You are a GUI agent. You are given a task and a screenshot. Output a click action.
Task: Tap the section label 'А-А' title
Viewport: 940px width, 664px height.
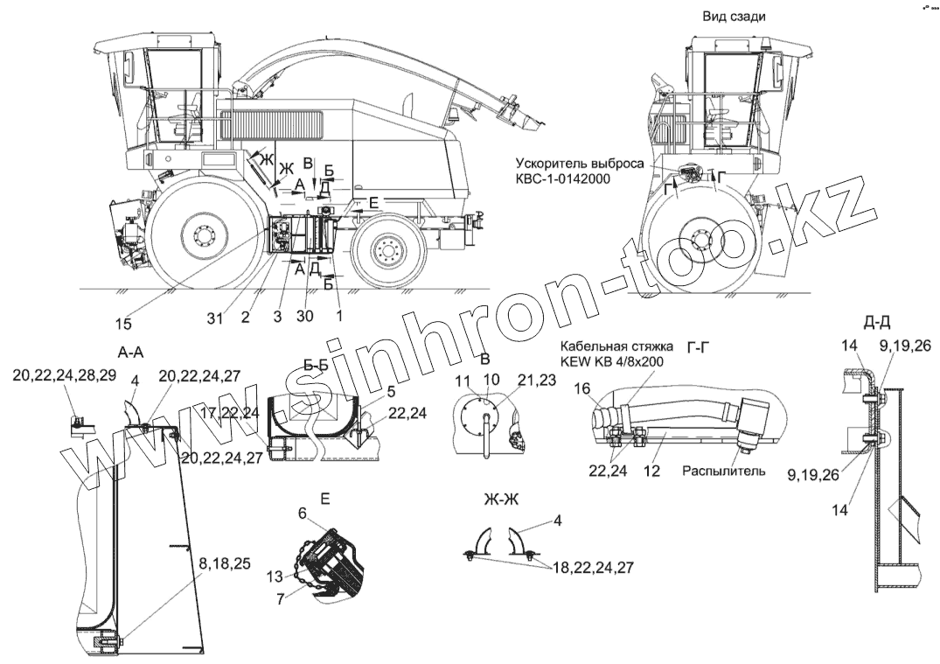tap(129, 352)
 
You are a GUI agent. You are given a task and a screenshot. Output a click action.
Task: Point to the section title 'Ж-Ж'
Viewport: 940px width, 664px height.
tap(501, 500)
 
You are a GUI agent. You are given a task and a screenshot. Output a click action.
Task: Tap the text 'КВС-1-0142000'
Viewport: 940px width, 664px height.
tap(561, 178)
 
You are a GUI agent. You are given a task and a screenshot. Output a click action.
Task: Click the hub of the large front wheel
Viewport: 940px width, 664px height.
tap(204, 235)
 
